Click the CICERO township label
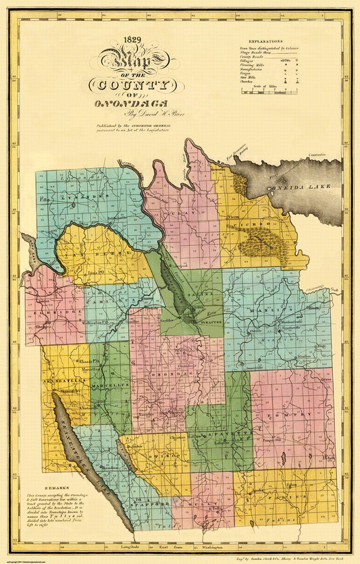click(257, 222)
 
